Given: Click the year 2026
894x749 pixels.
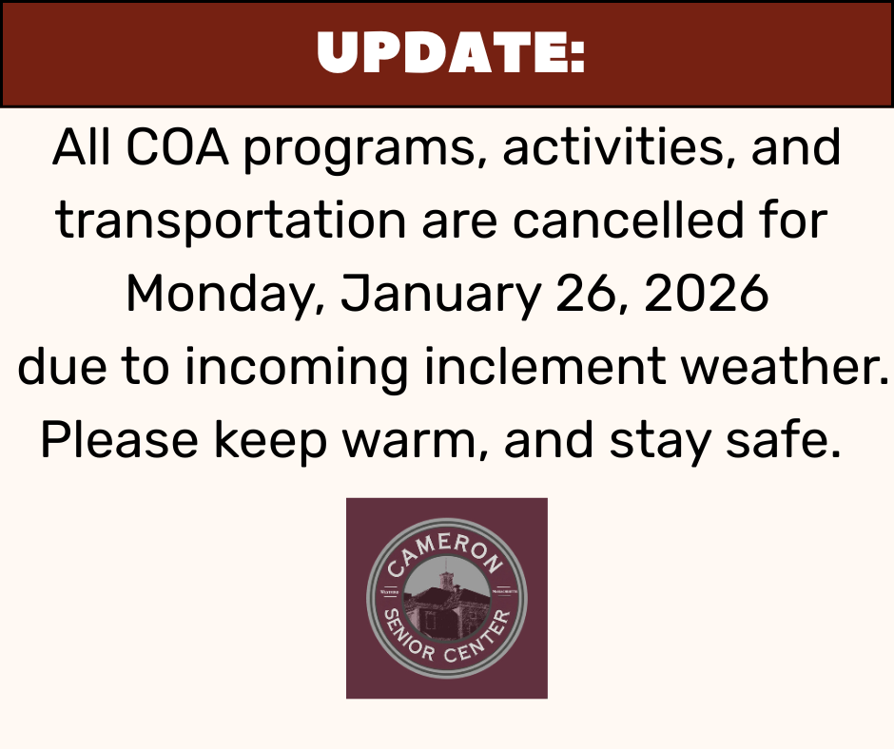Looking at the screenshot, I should click(x=707, y=295).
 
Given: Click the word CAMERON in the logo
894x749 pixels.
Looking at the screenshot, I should click(x=446, y=552).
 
